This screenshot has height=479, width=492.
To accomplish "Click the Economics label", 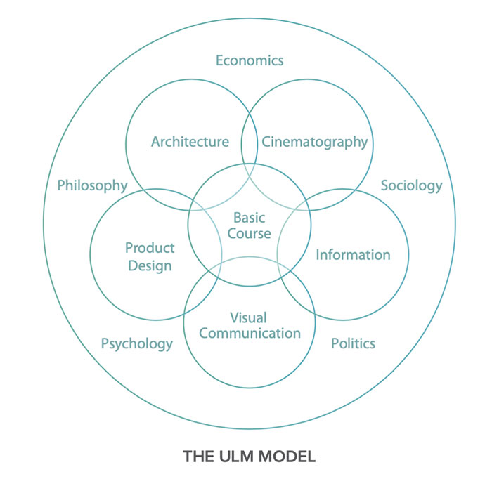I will point(250,60).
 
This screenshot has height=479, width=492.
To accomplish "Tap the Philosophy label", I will point(92,185).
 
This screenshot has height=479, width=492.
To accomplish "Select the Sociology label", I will point(411,185).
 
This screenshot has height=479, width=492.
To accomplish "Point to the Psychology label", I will point(136,343).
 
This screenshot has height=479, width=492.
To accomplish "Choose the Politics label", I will point(353,343).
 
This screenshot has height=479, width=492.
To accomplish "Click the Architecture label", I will point(190,142).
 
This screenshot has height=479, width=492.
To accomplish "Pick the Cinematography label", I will point(314,142).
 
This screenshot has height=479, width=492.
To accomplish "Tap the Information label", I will point(352,254).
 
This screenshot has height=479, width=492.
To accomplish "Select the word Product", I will point(150,248).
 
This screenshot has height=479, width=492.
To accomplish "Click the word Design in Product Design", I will point(150,265).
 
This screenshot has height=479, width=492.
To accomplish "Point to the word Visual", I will point(250,317).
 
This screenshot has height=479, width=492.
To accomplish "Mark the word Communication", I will point(250,334).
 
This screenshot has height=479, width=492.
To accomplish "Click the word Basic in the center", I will point(250,218).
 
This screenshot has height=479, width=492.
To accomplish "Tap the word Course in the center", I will point(250,234).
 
